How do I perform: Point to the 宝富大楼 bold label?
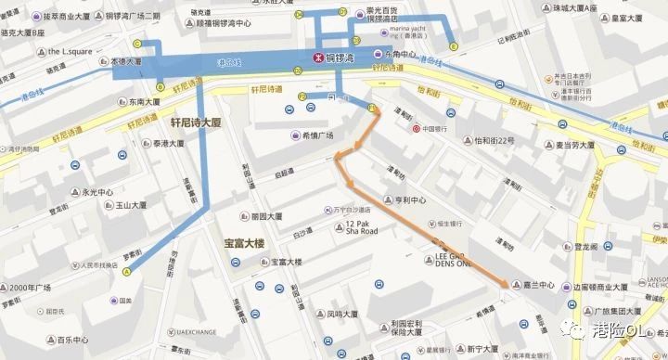(245, 243)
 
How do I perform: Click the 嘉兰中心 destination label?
(538, 286)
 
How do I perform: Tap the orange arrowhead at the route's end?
(506, 284)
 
